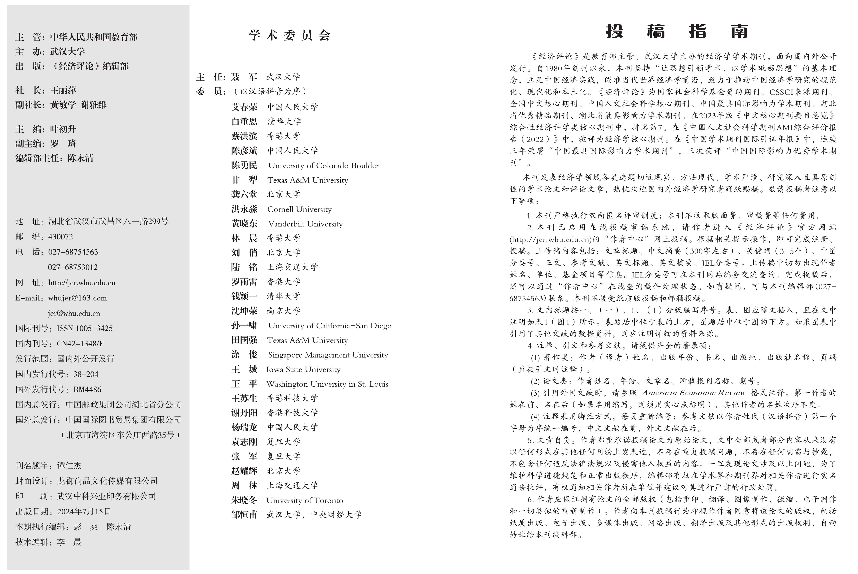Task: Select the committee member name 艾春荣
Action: click(x=244, y=107)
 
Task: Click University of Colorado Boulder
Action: click(x=323, y=165)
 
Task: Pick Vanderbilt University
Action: click(x=305, y=224)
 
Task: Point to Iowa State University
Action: click(x=303, y=369)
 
